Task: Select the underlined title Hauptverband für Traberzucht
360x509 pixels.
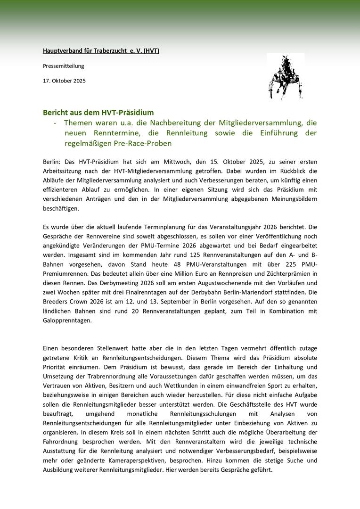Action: [x=101, y=50]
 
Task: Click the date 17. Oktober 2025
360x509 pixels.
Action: [x=64, y=81]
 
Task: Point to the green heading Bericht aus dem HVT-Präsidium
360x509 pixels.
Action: [x=98, y=113]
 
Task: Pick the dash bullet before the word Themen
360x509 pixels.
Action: [x=56, y=123]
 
